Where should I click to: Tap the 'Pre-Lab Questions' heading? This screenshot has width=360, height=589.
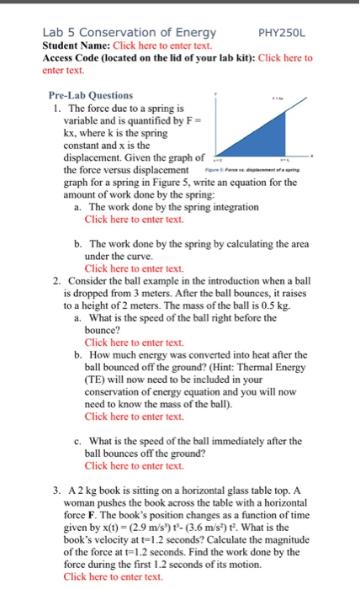coord(90,96)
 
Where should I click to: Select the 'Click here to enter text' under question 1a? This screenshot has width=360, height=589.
coord(134,219)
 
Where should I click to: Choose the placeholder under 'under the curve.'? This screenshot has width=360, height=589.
coord(134,268)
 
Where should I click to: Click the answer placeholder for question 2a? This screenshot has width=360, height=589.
coord(134,342)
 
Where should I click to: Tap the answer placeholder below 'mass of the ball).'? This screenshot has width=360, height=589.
coord(134,416)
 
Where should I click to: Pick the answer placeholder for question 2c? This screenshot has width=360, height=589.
coord(134,465)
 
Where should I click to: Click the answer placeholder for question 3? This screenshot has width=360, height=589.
coord(113,576)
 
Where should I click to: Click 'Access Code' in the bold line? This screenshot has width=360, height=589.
coord(72,58)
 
